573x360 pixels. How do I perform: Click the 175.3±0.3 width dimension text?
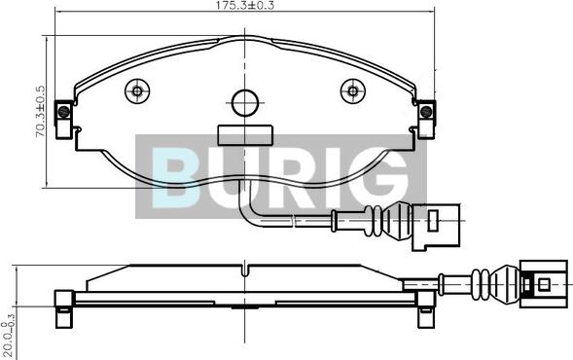(244, 5)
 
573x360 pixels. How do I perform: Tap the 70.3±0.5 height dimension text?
(40, 112)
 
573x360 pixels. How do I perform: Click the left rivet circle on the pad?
(137, 90)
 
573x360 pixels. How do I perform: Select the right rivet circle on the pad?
(353, 90)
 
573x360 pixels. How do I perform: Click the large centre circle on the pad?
(245, 103)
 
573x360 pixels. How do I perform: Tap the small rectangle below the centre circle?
(245, 135)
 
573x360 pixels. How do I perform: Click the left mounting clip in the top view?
(63, 120)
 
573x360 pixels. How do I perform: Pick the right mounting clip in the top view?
(426, 120)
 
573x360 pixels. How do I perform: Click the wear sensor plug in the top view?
(437, 227)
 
